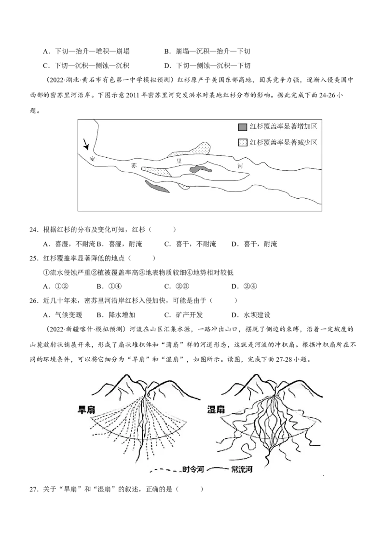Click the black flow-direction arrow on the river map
click(x=86, y=145)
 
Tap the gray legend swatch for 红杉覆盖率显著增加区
click(x=243, y=127)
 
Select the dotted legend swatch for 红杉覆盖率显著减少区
click(x=243, y=142)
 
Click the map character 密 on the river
click(x=92, y=159)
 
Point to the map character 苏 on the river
click(x=134, y=166)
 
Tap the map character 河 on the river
click(x=240, y=166)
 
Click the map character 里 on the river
click(x=179, y=161)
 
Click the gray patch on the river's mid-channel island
click(x=200, y=169)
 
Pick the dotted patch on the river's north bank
click(x=191, y=150)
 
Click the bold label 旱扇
click(x=86, y=410)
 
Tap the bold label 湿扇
click(x=216, y=409)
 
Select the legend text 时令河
click(x=193, y=469)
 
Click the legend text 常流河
click(x=242, y=469)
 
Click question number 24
click(x=34, y=230)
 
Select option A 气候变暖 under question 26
click(x=62, y=315)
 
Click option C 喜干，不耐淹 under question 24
click(x=190, y=244)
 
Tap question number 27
click(x=34, y=489)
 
